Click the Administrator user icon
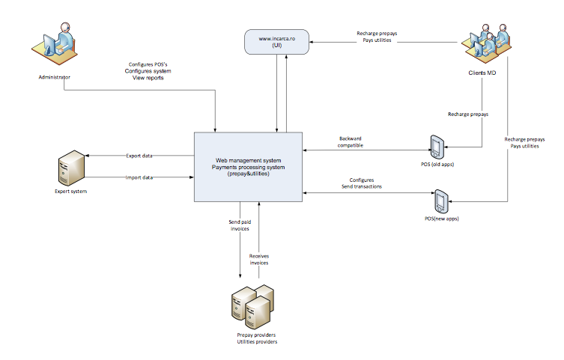[x=55, y=44]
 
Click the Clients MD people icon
[x=488, y=44]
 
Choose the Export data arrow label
[x=139, y=155]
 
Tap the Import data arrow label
[x=139, y=178]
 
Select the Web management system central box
[x=247, y=166]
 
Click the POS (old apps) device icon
[x=437, y=147]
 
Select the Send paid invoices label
[x=239, y=226]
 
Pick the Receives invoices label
[x=259, y=259]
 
